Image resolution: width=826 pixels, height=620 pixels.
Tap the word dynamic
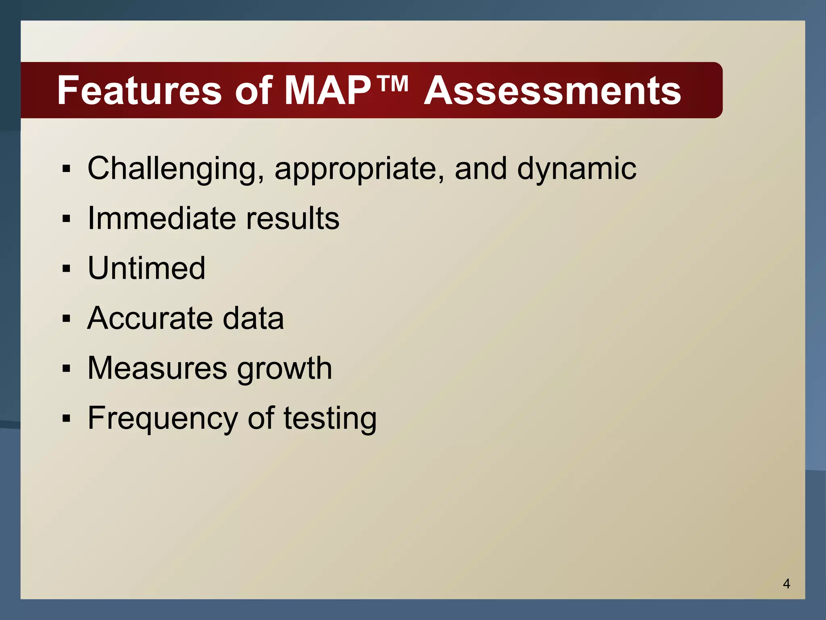click(577, 169)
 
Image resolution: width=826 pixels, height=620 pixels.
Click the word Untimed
click(146, 268)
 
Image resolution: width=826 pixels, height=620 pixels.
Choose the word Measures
click(157, 368)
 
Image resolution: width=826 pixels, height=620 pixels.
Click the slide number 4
click(786, 584)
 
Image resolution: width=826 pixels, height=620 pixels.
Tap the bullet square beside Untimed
click(67, 268)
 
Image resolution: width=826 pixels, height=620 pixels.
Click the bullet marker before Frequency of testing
click(67, 419)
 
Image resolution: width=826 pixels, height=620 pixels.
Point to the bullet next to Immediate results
click(67, 218)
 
